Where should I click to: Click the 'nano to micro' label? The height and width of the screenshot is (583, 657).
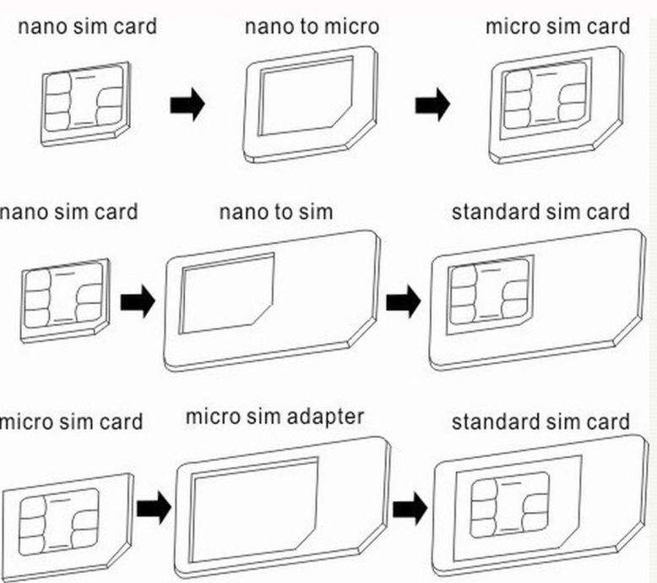click(312, 26)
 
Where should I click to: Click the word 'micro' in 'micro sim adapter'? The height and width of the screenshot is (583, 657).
click(212, 417)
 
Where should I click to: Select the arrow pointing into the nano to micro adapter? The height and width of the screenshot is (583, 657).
click(187, 106)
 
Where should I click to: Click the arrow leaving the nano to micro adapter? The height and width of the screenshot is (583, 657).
click(432, 106)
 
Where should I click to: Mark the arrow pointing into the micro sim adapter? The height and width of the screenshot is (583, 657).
click(154, 508)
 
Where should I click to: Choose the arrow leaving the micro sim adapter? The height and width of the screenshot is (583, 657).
click(410, 508)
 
